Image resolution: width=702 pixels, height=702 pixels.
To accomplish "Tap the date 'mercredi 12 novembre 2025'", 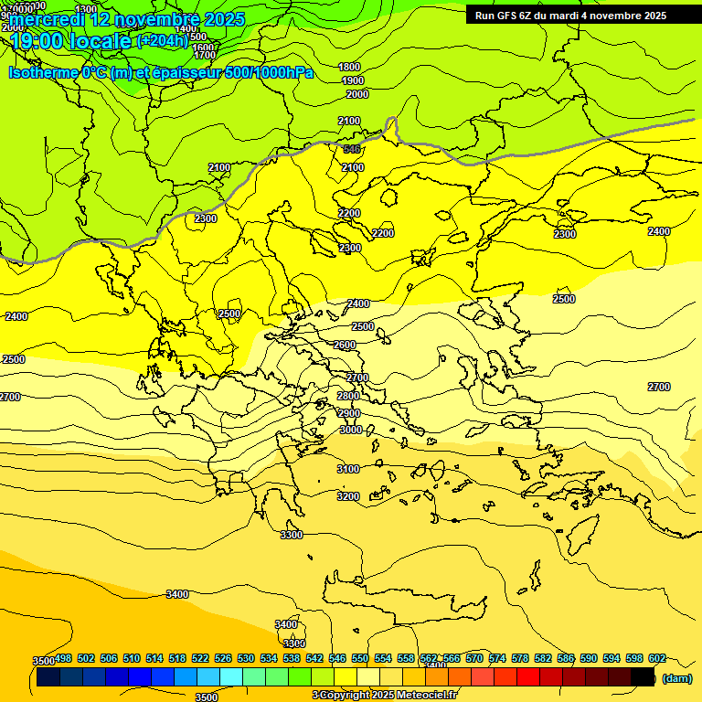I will [128, 19].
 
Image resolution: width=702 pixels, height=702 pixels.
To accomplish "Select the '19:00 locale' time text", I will [71, 41].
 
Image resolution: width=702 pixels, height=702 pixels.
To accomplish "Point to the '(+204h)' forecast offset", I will [162, 41].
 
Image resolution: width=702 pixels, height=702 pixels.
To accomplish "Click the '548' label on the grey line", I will [352, 149].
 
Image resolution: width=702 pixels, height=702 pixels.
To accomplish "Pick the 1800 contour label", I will [349, 67].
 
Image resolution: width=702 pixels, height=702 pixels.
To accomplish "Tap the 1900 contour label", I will [353, 80].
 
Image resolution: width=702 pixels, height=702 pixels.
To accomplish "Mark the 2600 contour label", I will [345, 345].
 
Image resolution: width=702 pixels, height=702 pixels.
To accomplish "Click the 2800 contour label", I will [348, 396].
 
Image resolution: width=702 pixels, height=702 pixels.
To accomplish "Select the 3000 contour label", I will [351, 430].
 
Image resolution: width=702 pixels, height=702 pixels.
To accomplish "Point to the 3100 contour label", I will [348, 469].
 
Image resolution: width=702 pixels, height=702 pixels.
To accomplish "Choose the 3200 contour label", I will [348, 496].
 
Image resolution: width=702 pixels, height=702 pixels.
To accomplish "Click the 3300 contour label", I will [292, 535].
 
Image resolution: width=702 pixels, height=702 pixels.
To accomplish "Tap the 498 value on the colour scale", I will [63, 658].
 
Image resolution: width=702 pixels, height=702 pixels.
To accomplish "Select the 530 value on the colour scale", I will [246, 658].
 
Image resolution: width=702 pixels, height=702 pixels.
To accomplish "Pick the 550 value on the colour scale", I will [360, 658].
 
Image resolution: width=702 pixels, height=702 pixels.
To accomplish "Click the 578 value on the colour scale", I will [520, 658].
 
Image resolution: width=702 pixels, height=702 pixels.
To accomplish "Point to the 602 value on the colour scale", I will [657, 658].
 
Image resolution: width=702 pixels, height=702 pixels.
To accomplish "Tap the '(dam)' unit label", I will [677, 678].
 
